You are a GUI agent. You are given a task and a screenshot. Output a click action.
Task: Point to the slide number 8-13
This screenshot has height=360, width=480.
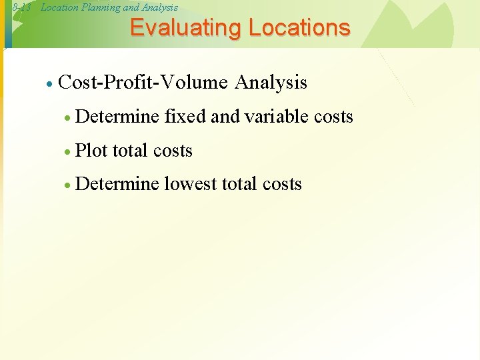tap(21, 7)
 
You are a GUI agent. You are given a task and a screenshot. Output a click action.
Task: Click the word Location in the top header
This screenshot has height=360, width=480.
tap(59, 7)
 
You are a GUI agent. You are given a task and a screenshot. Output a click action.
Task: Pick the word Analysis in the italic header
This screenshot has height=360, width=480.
tap(160, 7)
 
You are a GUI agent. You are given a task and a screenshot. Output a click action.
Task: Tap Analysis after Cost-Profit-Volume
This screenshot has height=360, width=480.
tap(271, 83)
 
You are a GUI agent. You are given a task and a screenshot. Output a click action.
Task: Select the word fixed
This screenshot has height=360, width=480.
tap(185, 117)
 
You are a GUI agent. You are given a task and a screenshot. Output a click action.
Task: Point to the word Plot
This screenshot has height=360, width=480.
tap(91, 151)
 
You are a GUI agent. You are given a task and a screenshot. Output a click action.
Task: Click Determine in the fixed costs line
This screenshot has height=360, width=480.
tap(117, 117)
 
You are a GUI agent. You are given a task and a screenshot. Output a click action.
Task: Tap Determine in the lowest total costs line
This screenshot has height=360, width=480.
tap(117, 185)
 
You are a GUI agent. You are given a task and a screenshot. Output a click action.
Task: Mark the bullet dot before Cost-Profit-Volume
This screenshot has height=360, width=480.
tap(49, 84)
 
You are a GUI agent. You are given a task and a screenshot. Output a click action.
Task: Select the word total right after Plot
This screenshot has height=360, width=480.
tap(130, 151)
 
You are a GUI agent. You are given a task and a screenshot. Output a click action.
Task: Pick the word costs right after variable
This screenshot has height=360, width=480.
tap(333, 117)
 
